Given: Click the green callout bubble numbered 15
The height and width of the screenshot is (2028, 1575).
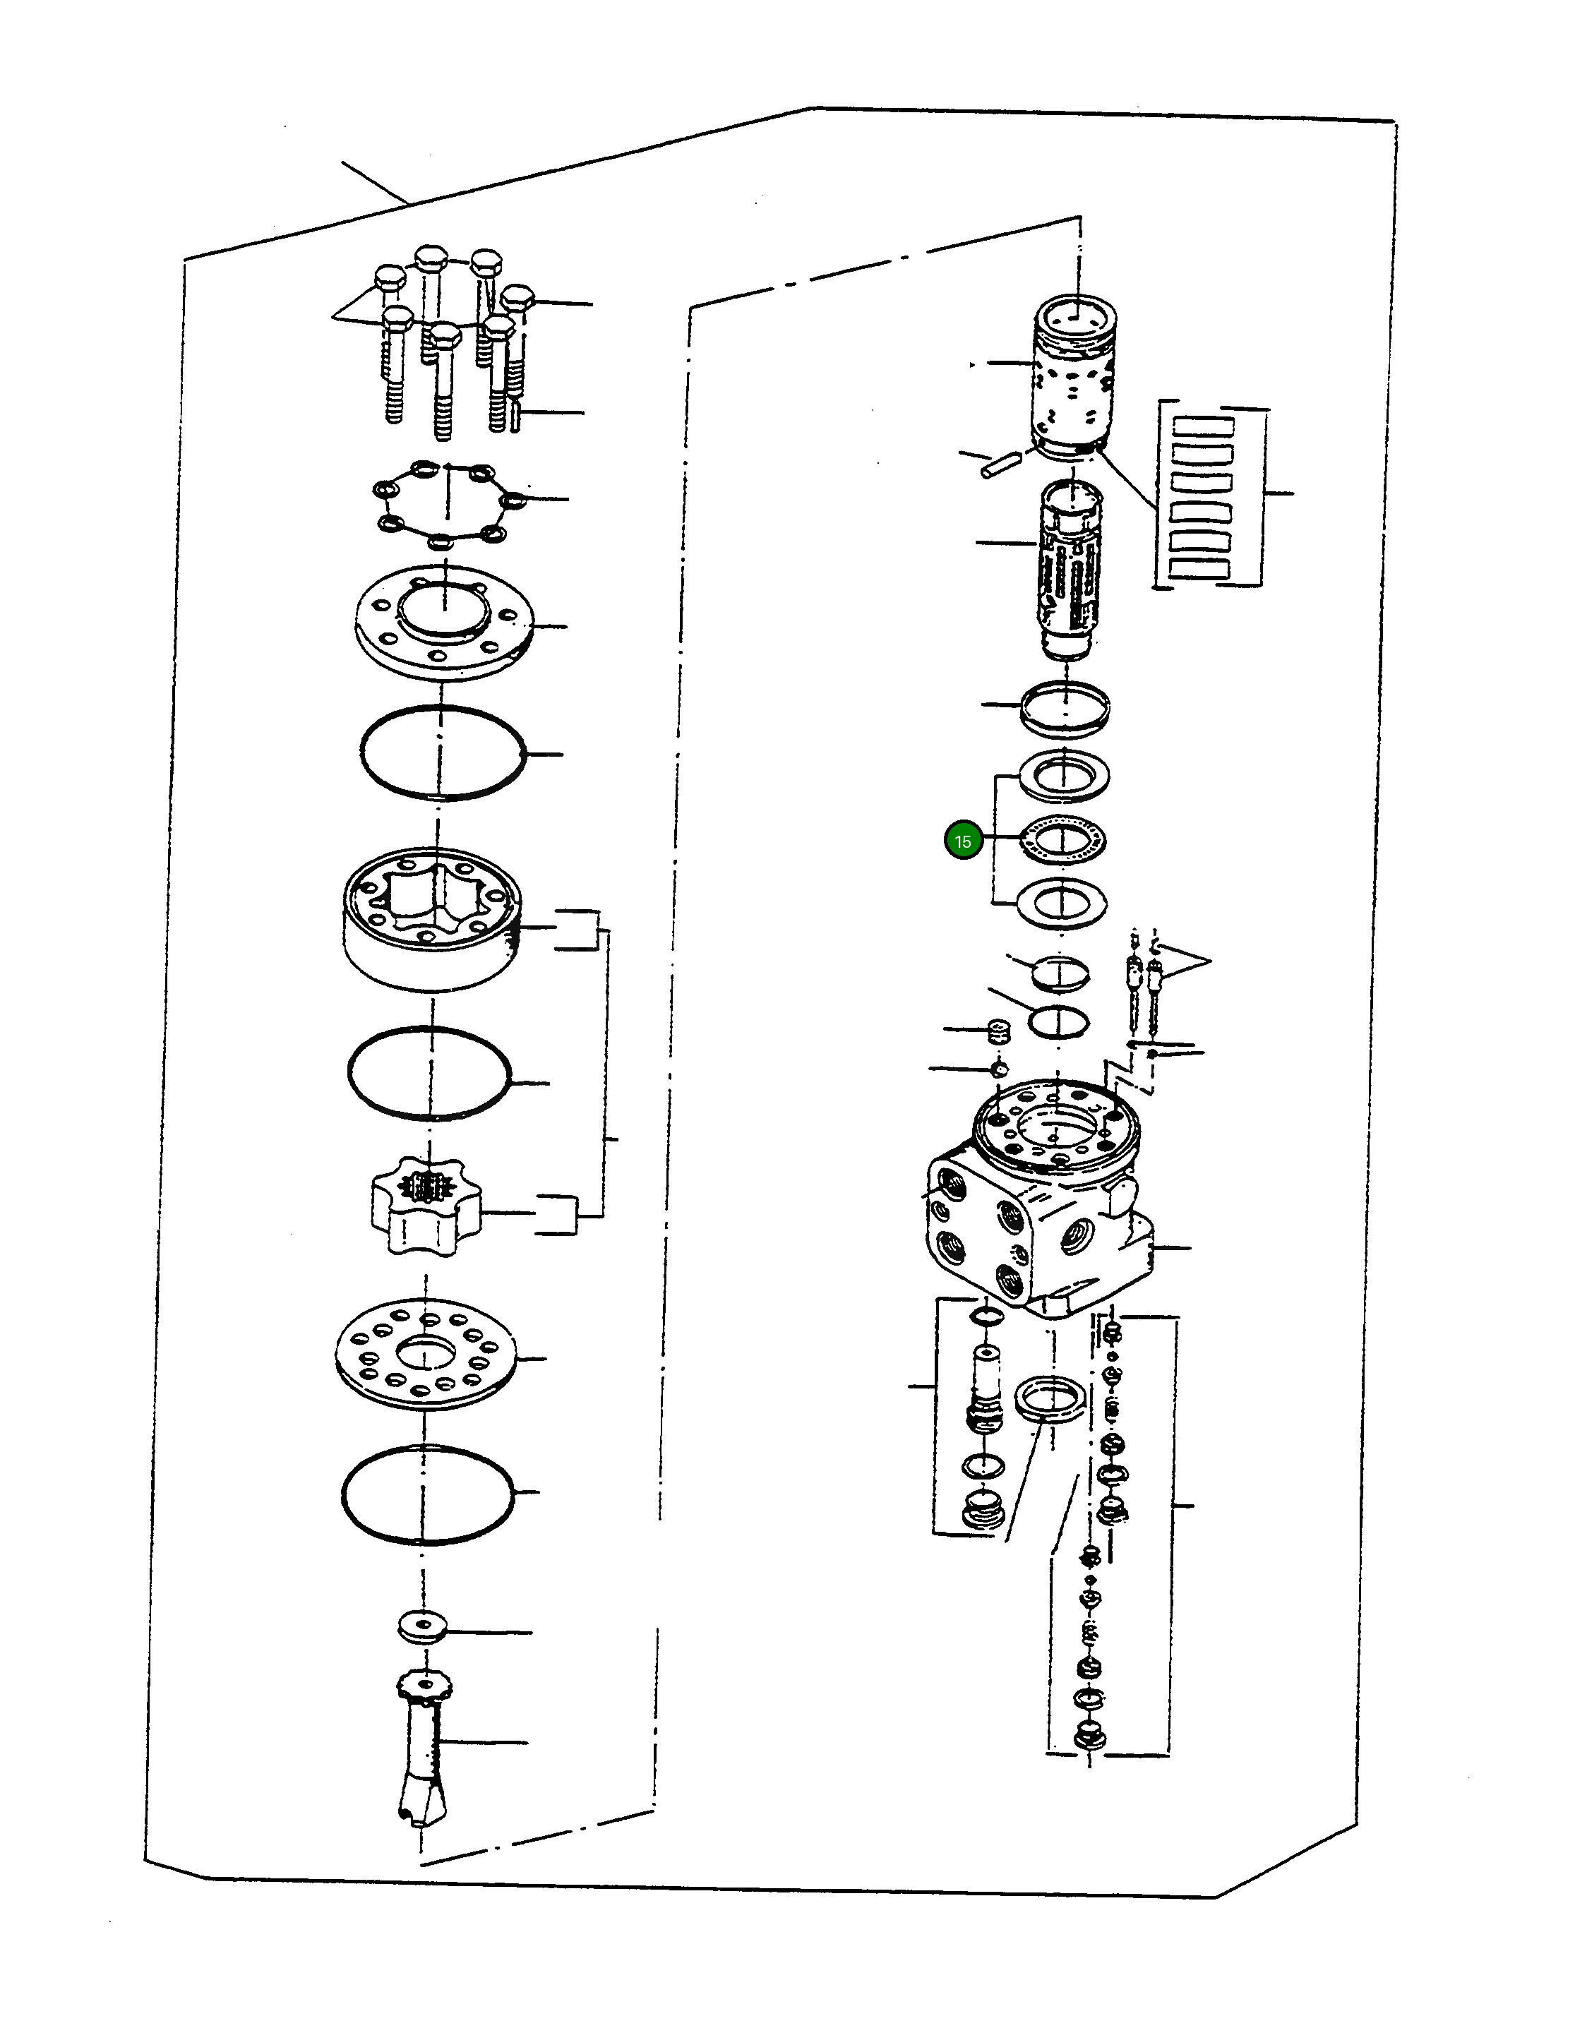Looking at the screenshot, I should coord(963,841).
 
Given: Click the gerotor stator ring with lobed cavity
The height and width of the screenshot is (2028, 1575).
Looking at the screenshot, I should coord(432,919).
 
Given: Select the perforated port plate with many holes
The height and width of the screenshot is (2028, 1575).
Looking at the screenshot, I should coord(426,1357).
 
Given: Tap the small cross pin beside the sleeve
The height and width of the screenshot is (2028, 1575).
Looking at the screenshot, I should coord(1001,464).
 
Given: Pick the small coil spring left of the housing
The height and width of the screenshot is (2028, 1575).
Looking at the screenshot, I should coord(996,1031).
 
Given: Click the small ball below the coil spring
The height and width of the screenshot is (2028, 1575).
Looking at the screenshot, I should coord(998,1069).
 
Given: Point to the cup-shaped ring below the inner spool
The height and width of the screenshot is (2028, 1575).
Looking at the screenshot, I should coord(1065,707).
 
